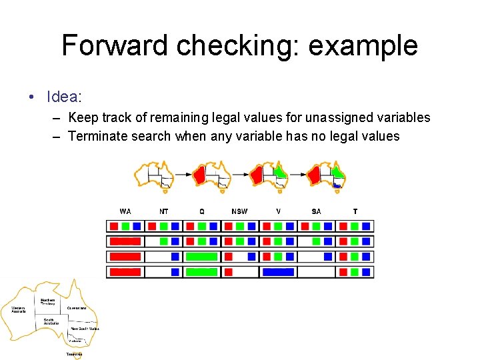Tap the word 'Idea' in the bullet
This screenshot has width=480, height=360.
click(62, 97)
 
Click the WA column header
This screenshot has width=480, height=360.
click(125, 211)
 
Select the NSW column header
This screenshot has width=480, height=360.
click(239, 211)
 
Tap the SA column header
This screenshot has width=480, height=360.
click(316, 211)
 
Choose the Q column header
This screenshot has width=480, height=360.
click(202, 211)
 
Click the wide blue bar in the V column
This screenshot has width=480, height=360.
click(278, 272)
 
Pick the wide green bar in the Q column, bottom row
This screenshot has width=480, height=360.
click(201, 272)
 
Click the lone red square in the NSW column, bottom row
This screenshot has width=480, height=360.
click(229, 272)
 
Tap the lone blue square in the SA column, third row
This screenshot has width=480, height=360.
click(328, 257)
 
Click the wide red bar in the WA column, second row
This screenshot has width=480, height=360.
click(125, 241)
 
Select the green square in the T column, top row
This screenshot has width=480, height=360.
click(355, 227)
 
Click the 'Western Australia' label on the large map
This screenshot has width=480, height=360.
click(18, 309)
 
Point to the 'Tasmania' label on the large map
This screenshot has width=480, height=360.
click(74, 354)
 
